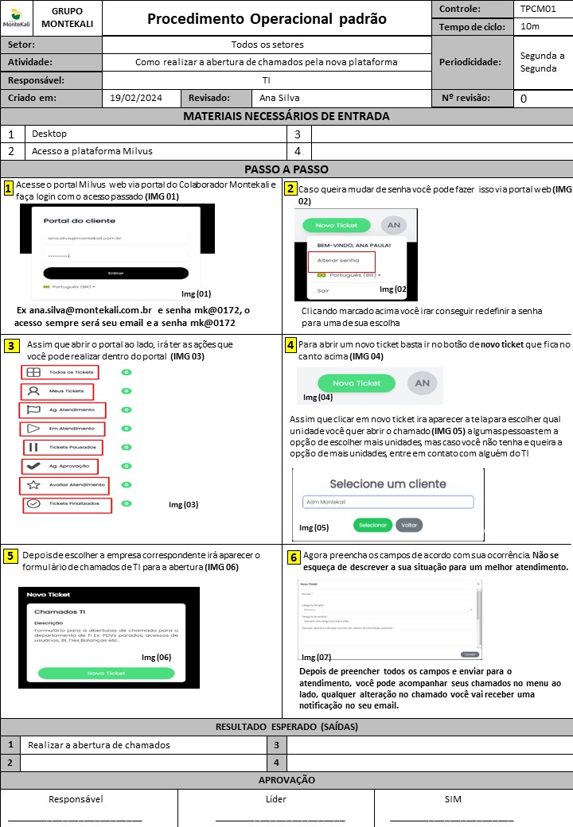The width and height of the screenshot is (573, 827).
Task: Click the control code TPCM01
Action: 538,10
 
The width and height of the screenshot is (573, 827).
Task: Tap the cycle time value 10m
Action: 530,27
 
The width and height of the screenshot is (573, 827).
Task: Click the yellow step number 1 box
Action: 8,188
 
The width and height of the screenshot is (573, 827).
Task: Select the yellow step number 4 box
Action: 290,344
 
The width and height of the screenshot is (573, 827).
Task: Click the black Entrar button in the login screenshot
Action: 116,273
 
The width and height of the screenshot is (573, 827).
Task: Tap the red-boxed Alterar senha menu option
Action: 341,261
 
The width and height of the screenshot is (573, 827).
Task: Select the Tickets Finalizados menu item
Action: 68,504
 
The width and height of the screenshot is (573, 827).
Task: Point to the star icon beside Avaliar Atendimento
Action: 33,485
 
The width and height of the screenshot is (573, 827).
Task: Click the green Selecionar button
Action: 372,525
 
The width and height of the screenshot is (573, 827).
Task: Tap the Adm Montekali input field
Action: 388,502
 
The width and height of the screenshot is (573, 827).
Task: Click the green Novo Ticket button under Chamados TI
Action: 106,673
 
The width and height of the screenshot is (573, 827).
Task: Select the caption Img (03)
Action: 183,504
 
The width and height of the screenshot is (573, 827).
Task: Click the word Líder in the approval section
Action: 275,799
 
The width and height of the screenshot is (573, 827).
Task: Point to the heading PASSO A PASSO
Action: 286,169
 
